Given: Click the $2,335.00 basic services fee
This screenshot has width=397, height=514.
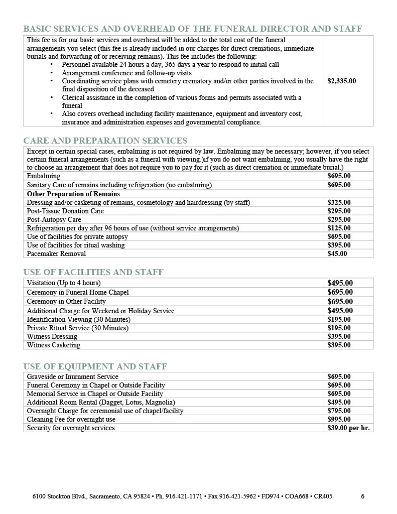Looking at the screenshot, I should coord(341,81).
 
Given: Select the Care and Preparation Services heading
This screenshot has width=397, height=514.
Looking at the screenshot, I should coord(105,141).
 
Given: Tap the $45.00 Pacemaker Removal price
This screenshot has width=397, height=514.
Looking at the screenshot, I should coord(337,253).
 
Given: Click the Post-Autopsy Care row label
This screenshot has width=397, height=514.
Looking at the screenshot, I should coord(54,219).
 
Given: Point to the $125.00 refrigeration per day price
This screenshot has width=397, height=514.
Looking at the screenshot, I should coord(339,228).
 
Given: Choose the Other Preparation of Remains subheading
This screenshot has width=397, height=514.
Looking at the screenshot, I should coord(73,194).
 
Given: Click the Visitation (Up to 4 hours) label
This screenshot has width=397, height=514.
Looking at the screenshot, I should coord(64,283).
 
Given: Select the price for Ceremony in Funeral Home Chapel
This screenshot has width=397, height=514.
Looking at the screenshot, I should coord(340,292).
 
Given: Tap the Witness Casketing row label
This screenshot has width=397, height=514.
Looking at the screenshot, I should coord(53,345).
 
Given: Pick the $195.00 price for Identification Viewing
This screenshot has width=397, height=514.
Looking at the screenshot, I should coord(339,319).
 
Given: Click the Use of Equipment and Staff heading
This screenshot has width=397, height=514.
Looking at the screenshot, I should coord(95,366).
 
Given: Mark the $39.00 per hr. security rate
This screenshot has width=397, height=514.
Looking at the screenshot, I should coord(348,428).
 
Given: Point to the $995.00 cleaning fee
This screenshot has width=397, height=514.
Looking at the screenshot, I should coord(339,419).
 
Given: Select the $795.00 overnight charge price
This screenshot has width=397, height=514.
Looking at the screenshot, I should coord(339,411).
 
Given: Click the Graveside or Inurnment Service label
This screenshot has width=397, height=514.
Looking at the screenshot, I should coord(72,376).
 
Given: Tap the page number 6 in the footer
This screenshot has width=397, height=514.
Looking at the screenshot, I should coord(362,496).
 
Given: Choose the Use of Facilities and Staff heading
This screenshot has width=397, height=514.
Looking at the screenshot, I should coord(93,272).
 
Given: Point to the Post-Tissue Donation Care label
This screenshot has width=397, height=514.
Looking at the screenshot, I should coord(65,211).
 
